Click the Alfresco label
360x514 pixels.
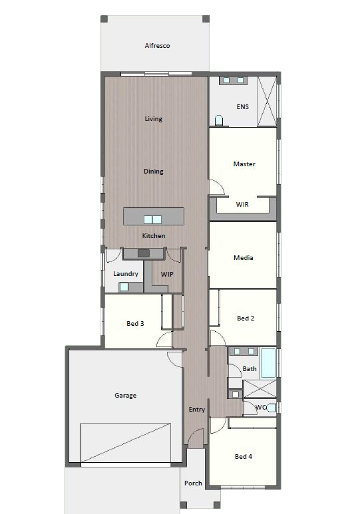tap(157, 46)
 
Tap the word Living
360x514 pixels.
tap(154, 118)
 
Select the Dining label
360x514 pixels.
tap(154, 171)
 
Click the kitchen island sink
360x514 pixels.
tap(153, 219)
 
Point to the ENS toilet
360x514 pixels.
tap(219, 120)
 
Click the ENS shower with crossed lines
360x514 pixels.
tap(266, 101)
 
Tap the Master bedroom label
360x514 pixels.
tap(244, 164)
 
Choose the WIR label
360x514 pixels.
tap(242, 205)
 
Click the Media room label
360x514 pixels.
tap(243, 257)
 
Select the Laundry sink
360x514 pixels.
tap(124, 287)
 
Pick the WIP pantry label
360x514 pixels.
tap(167, 274)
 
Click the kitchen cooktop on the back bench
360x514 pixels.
tap(144, 253)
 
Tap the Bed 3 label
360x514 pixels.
tap(135, 324)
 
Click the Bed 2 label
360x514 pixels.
tap(246, 318)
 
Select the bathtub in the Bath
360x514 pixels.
tap(268, 363)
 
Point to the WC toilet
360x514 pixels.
tap(272, 408)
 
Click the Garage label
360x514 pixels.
tap(125, 396)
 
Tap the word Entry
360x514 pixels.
tap(197, 410)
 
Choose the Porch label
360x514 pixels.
tap(193, 483)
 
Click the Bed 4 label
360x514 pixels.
tap(244, 456)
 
